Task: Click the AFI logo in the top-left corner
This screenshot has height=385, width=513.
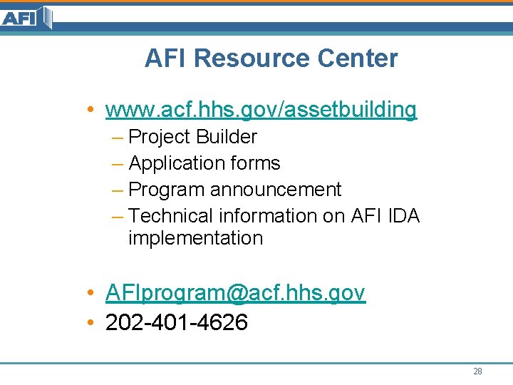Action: click(x=26, y=17)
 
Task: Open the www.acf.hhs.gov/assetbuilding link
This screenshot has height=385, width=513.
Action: click(x=261, y=110)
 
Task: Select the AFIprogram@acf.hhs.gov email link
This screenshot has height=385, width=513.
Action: click(x=235, y=293)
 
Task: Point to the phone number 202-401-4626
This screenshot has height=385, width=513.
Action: click(x=177, y=323)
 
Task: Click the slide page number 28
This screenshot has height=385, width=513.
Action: click(x=477, y=371)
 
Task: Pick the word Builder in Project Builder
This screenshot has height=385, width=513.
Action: click(x=226, y=137)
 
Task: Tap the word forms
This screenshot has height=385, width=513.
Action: click(x=255, y=163)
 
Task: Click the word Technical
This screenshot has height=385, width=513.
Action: click(x=172, y=215)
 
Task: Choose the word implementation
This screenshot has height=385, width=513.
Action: click(x=195, y=238)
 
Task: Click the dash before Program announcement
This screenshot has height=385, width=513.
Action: click(x=118, y=190)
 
